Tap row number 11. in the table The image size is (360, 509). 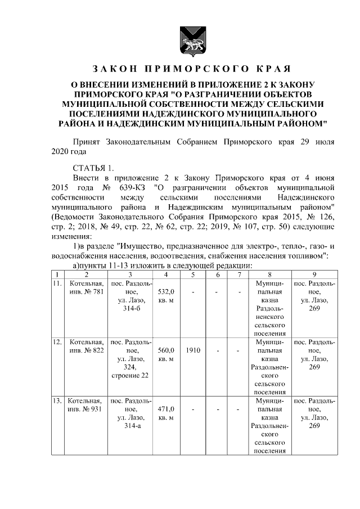point(56,284)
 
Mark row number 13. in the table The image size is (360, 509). point(56,401)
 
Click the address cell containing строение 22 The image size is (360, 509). point(130,358)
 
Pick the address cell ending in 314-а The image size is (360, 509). point(130,413)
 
